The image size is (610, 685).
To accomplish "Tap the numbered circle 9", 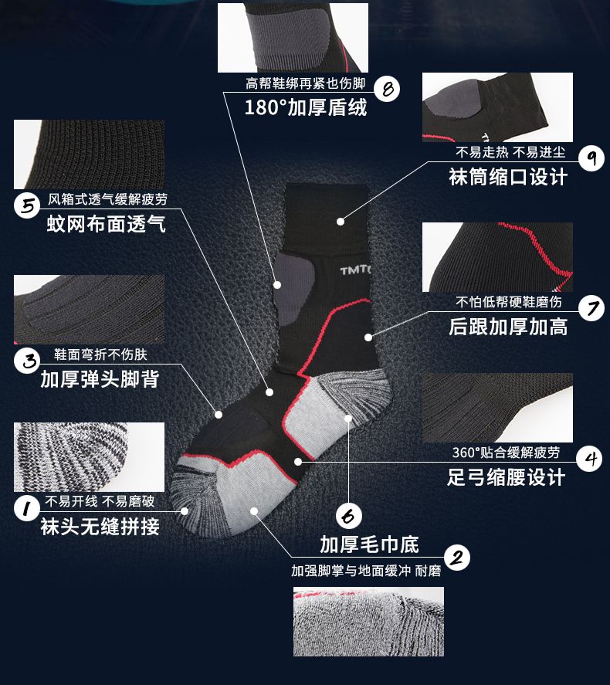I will coord(590,158).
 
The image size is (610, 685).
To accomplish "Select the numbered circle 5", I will coord(29,206).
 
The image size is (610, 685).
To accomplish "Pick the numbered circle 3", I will coord(29,360).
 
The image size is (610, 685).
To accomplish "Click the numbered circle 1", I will coord(29,508).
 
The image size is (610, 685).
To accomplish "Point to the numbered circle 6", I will coord(349,515).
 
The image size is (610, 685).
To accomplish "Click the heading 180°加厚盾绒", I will coord(306,107).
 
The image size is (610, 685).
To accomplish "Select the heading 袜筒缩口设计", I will coord(508,176).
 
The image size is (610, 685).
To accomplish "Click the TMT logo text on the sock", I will coord(355,271).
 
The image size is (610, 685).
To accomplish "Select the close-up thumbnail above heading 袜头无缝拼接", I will coord(90,456).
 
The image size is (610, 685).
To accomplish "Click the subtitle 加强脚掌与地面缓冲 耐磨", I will coord(365,571).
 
